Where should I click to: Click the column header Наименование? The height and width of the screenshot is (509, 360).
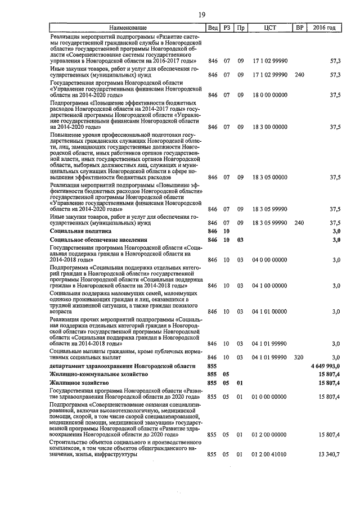point(128,28)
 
